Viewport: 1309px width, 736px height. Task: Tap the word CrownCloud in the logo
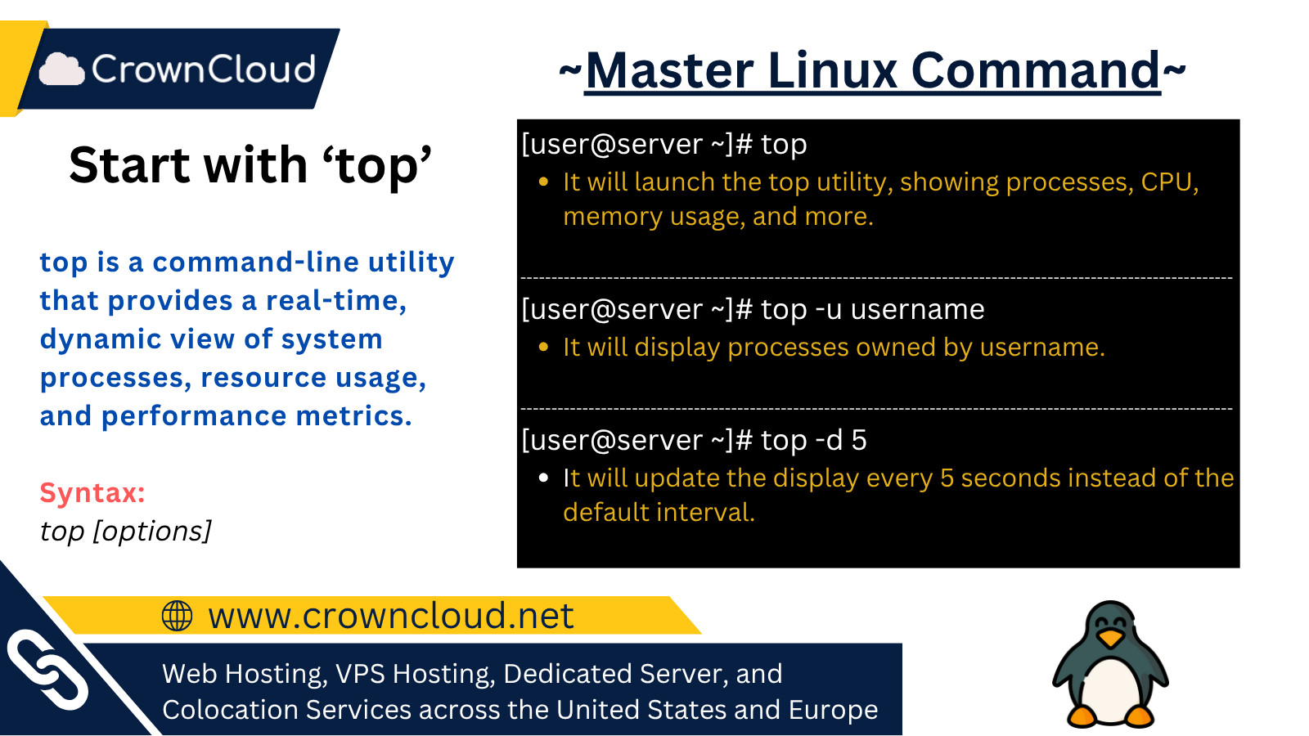[204, 69]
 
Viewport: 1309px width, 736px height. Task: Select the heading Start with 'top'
[250, 165]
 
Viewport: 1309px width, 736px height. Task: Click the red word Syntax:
[92, 492]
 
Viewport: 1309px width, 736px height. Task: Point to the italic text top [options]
[125, 531]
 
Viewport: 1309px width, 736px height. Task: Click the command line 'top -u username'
[753, 309]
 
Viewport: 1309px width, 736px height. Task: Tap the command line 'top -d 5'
[694, 440]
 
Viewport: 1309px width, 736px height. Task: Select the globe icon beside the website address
[177, 616]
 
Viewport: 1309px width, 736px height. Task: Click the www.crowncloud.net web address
[391, 616]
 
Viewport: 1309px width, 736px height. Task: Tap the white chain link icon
[47, 670]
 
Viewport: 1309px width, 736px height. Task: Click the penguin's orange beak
[1109, 637]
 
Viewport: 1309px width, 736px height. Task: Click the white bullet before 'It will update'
[543, 478]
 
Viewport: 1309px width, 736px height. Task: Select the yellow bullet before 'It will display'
[543, 347]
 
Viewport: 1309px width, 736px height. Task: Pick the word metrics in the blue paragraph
[354, 416]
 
